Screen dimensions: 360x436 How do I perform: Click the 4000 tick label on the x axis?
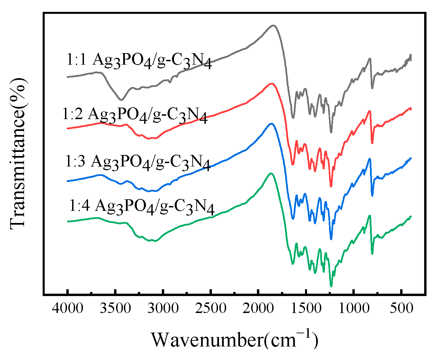68,308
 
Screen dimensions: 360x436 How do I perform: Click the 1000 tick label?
353,308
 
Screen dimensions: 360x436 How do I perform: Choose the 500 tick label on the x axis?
401,308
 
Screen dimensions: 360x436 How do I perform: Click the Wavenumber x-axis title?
234,339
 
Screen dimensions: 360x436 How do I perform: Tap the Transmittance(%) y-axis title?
18,152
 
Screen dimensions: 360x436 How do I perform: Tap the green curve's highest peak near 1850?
270,173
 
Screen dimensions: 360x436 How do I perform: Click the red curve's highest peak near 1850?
271,83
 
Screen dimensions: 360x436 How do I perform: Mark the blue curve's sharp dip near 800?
372,196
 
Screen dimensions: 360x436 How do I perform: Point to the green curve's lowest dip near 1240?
331,286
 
